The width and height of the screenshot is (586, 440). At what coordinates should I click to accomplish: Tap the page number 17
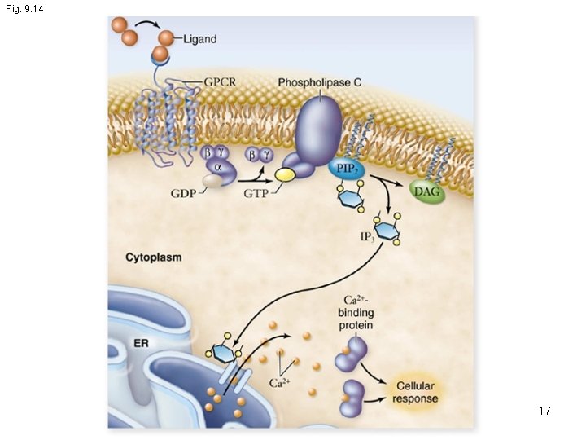pos(544,411)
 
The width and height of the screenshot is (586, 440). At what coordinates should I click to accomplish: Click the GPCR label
pos(221,82)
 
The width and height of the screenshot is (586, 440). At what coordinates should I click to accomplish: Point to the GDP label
pos(183,194)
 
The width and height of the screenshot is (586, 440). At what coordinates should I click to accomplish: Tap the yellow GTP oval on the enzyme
pos(285,174)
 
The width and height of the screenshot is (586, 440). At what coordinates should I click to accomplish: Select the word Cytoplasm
pos(153,257)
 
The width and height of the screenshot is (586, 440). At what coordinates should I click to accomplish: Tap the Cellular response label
pos(415,392)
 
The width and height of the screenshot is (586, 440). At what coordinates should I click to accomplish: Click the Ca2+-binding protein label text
pos(356,313)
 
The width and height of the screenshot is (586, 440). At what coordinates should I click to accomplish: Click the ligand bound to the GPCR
pos(160,55)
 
